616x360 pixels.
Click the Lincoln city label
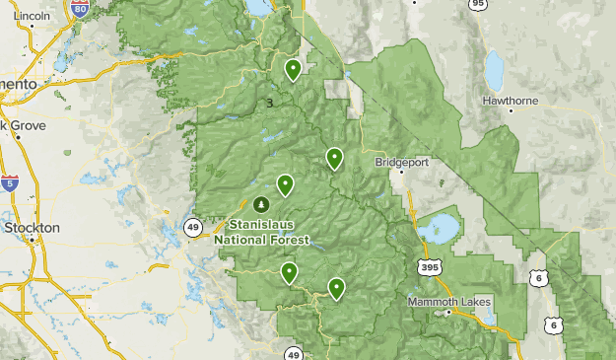tap(33, 17)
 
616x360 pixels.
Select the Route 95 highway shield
tap(478, 5)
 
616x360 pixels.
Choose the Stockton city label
tap(31, 227)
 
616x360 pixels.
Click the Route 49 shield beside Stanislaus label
tap(192, 227)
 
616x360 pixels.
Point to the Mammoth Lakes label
tap(450, 301)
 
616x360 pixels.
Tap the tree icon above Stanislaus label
tap(261, 204)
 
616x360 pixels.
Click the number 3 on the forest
tap(269, 102)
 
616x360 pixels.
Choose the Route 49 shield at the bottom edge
tap(294, 354)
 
